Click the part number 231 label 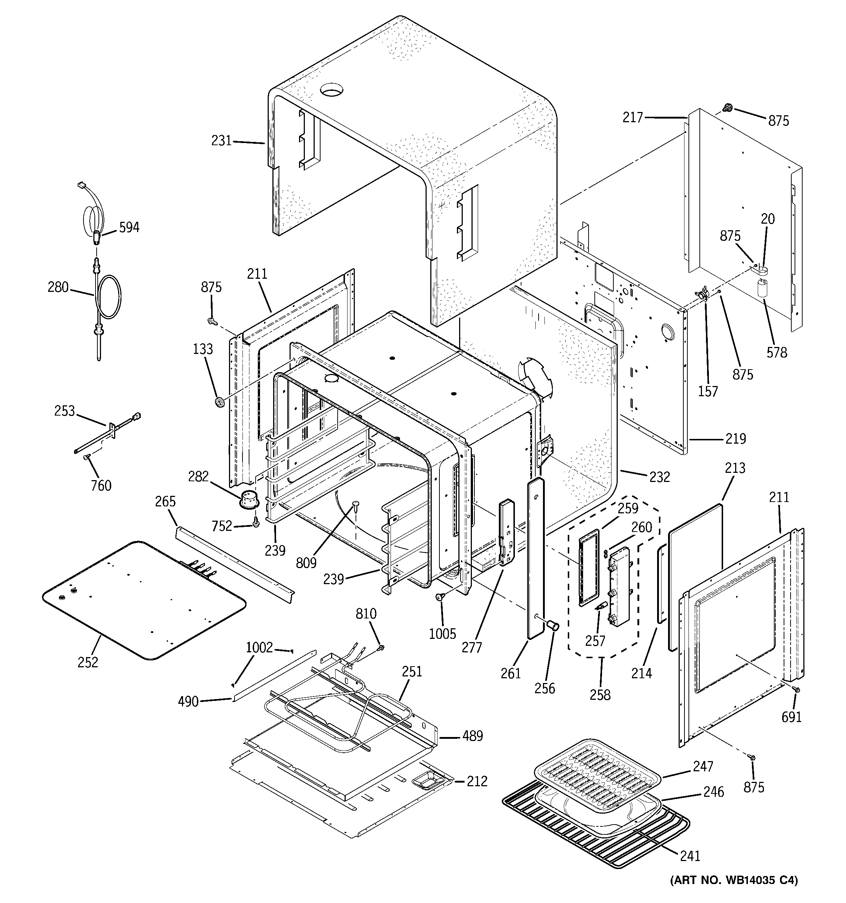tap(221, 141)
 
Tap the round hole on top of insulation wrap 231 tap(331, 90)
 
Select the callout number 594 tap(129, 228)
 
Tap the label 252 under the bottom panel tap(88, 663)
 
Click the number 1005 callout tap(442, 634)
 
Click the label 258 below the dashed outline tap(600, 695)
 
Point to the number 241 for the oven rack tap(690, 856)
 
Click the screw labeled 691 tap(796, 690)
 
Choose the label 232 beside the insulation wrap tap(659, 477)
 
